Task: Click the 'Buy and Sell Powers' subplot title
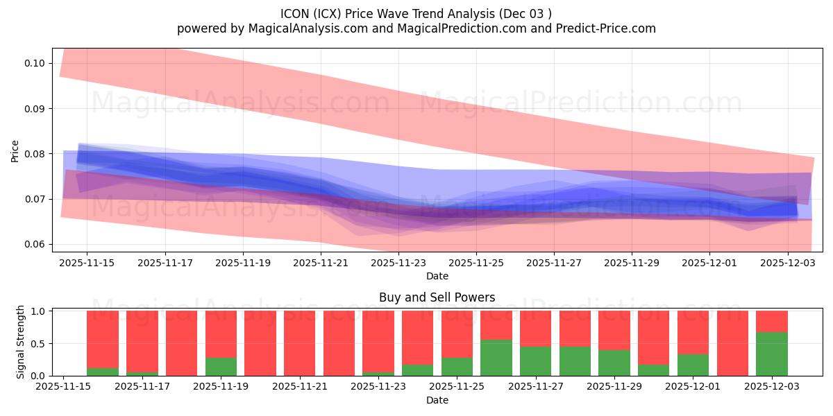click(x=437, y=297)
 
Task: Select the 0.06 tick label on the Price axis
click(x=34, y=244)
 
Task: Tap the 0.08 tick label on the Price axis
click(x=34, y=154)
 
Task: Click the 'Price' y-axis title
click(x=15, y=150)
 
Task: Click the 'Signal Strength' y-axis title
click(x=21, y=341)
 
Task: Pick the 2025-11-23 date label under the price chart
click(x=398, y=263)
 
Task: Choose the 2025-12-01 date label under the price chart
click(x=709, y=263)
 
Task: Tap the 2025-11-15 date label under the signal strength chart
click(x=63, y=388)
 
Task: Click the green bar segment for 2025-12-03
click(x=772, y=354)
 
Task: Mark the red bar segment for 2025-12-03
click(x=772, y=322)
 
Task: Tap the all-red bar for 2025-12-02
click(x=732, y=343)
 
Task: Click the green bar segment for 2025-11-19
click(x=221, y=367)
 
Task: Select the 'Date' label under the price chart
click(x=437, y=276)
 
